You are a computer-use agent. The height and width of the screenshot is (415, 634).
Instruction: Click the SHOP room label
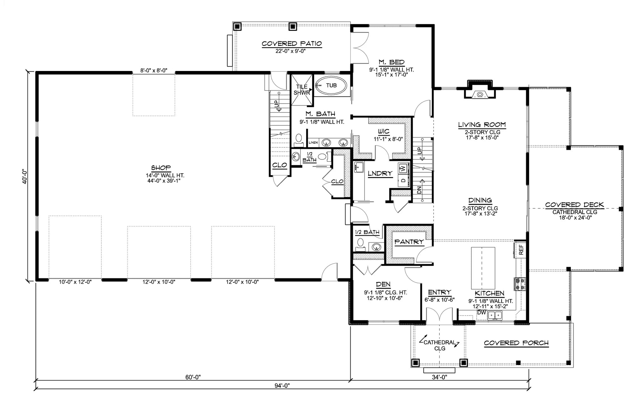(x=161, y=168)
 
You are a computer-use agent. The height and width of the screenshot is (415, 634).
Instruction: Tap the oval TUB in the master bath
(x=331, y=85)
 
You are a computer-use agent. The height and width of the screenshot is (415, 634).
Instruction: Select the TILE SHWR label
(x=301, y=90)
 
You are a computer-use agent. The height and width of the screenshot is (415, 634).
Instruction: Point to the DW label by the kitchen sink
(x=482, y=312)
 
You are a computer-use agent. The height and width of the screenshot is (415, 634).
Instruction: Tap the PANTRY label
(x=409, y=242)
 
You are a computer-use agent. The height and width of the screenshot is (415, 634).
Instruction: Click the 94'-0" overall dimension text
(x=282, y=386)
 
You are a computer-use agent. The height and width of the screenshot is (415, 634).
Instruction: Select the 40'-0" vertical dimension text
(x=25, y=176)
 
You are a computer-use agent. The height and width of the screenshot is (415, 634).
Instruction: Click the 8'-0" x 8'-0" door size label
(x=154, y=70)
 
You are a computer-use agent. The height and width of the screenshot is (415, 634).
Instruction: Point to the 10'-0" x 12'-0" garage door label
(x=75, y=282)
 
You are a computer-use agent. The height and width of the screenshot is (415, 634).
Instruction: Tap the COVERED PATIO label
(x=292, y=44)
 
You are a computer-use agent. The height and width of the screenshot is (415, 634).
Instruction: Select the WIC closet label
(x=384, y=131)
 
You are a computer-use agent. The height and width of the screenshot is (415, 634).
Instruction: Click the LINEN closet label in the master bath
(x=313, y=143)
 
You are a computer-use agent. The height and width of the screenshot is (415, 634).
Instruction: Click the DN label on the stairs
(x=419, y=189)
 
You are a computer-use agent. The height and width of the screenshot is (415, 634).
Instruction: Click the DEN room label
(x=383, y=284)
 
